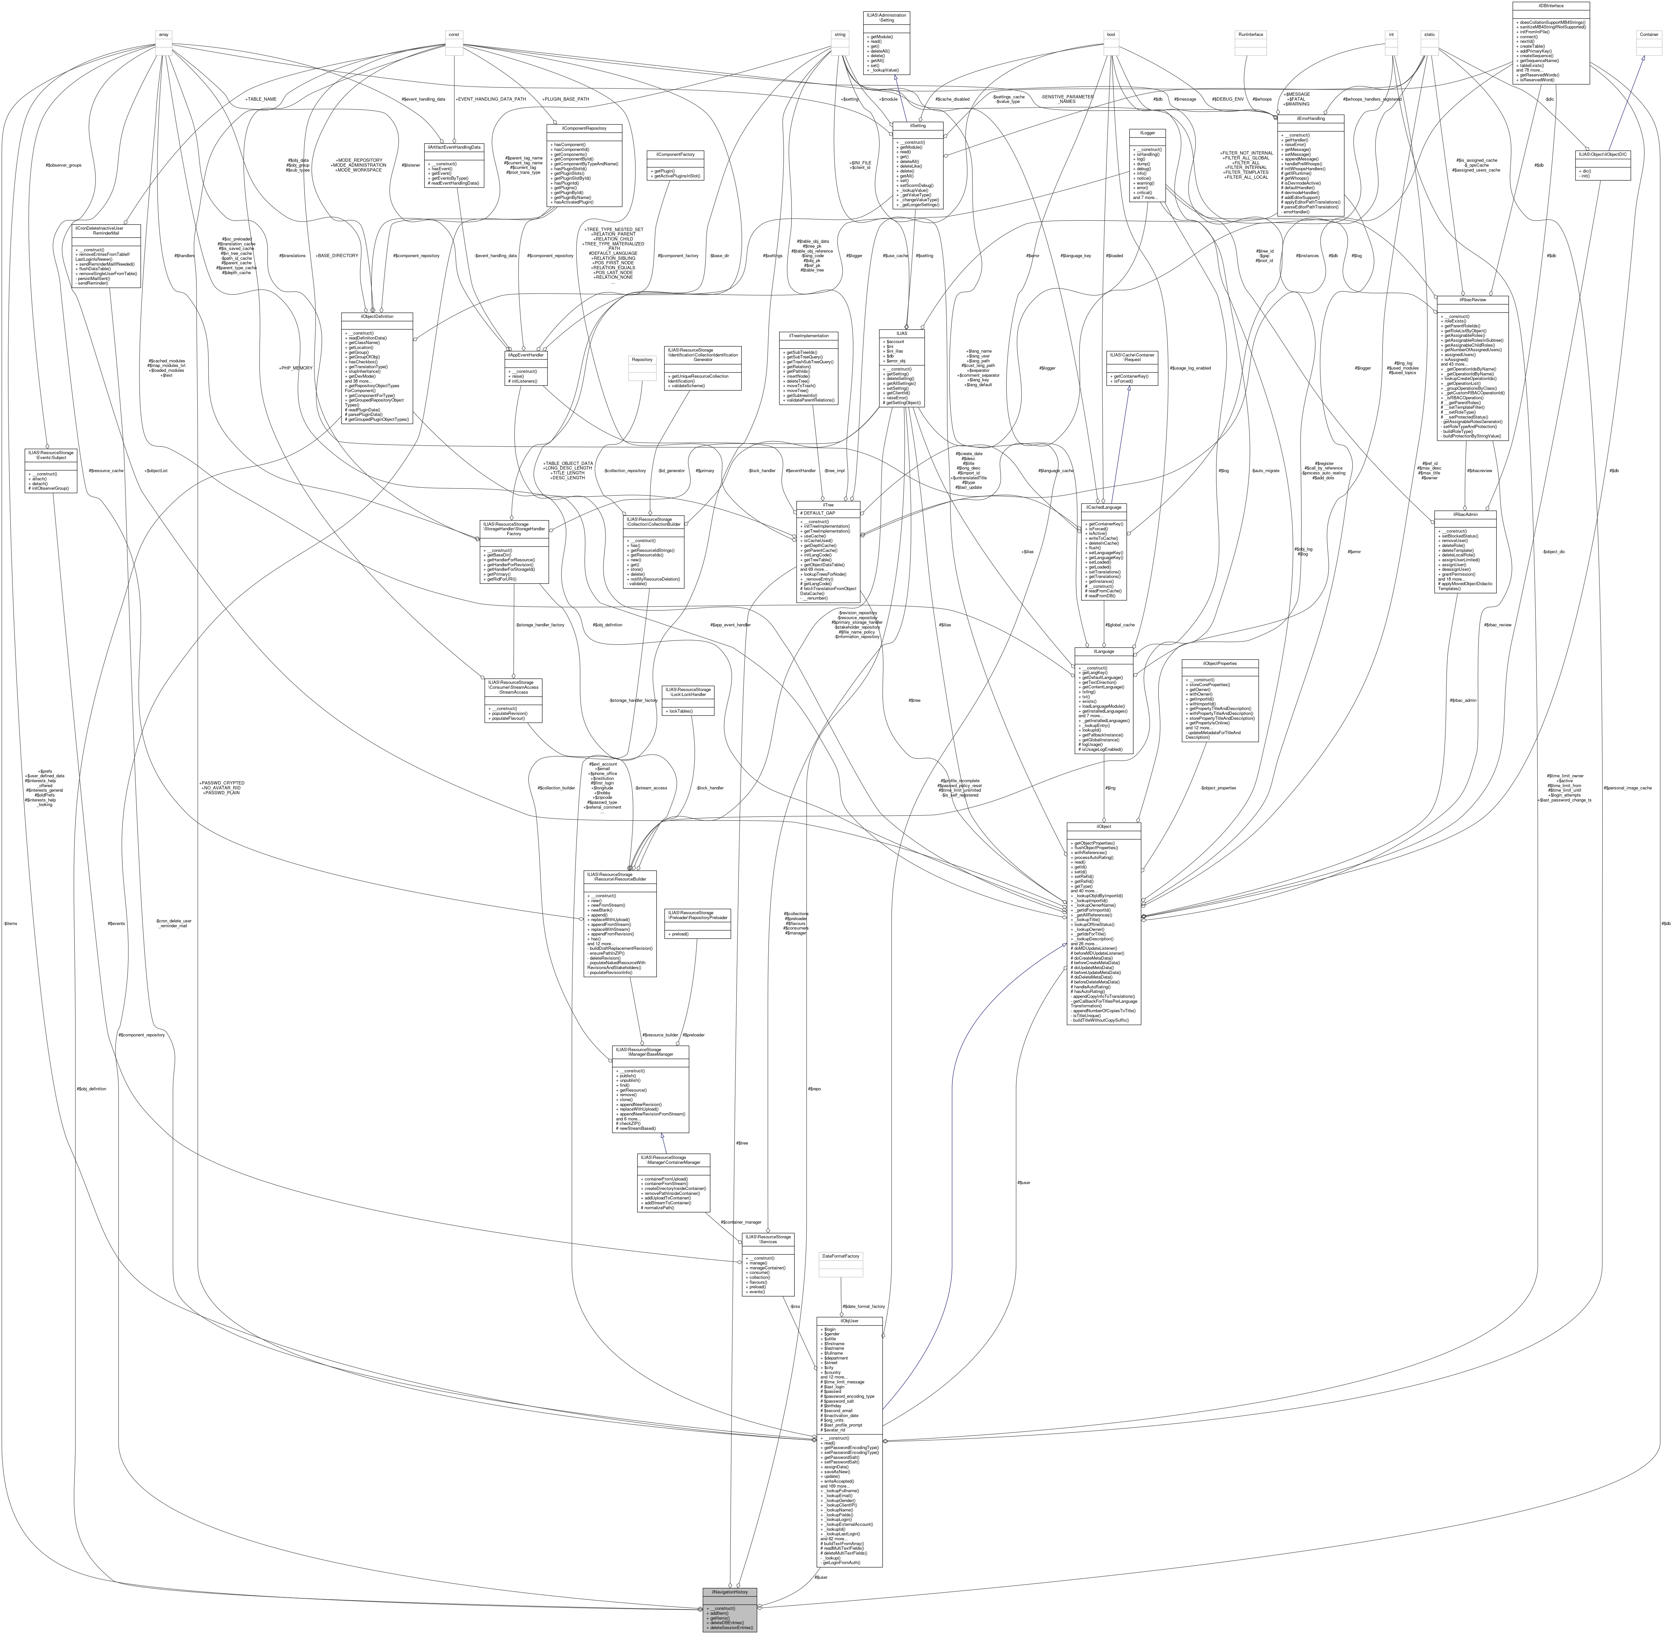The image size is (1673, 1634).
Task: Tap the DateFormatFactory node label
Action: [841, 1256]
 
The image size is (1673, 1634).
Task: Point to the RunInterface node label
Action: [1250, 34]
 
